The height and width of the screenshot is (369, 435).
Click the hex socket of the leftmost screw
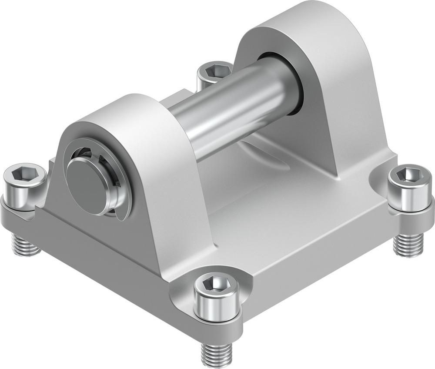(24, 174)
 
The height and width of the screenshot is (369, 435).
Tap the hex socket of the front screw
(216, 284)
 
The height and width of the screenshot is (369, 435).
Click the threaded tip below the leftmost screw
(25, 246)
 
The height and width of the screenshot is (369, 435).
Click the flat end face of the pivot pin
(86, 182)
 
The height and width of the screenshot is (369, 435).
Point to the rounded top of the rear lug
(287, 17)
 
